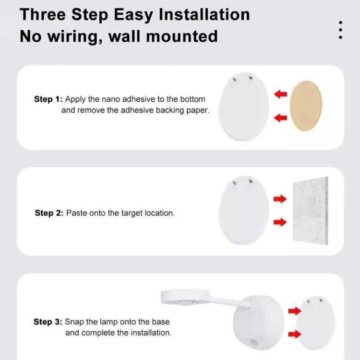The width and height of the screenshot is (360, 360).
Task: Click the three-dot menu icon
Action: coord(340,30)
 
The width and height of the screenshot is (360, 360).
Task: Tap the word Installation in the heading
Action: coord(204,15)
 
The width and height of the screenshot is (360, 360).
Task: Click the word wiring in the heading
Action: coord(75,37)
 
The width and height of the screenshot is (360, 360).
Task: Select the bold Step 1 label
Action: coord(48,99)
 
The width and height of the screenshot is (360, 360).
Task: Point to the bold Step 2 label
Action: coord(49,213)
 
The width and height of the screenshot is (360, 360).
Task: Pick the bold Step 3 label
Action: coord(48,322)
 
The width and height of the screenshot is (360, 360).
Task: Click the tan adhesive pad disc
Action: coord(306,106)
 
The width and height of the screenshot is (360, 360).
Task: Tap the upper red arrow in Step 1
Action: coord(281,94)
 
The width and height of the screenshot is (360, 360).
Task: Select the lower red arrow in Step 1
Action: coord(281,118)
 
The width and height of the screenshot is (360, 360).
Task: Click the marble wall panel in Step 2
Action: coord(311,211)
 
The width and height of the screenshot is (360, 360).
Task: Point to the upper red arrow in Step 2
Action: coord(280,199)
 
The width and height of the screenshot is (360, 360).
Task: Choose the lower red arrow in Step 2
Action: coord(280,222)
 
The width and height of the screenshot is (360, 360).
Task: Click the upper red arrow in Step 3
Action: coord(295,311)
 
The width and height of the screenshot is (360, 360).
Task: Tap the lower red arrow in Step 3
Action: coord(295,334)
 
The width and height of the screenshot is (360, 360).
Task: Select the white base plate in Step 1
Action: coord(243,107)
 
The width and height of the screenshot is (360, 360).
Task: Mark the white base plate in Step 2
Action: coord(243,210)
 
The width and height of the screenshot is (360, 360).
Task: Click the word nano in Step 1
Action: coord(111,99)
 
